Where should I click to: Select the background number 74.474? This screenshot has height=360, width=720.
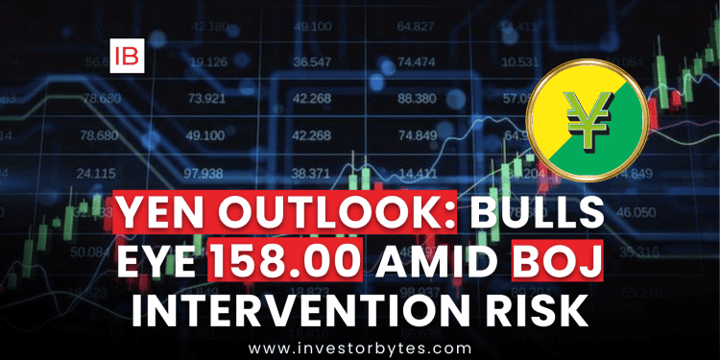click(416, 61)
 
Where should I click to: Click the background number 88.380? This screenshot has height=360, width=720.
click(416, 98)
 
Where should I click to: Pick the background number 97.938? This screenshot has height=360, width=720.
click(204, 173)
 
